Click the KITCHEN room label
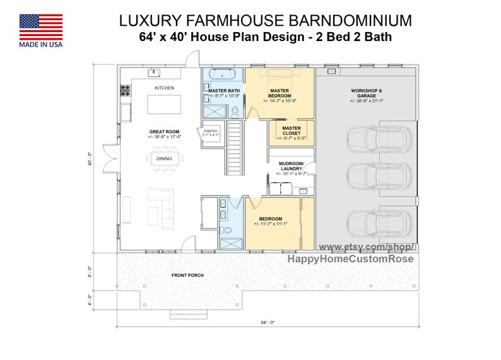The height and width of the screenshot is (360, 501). (164, 88)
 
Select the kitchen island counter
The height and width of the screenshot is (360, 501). (163, 103)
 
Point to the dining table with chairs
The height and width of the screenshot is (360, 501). (165, 159)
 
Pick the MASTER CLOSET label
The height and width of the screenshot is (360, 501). (292, 131)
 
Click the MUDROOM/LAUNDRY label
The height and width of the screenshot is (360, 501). (292, 166)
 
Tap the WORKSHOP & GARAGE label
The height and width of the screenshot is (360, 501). (367, 93)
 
